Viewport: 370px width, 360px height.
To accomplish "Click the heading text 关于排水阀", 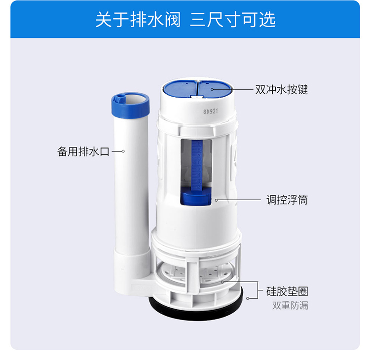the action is pyautogui.click(x=138, y=19).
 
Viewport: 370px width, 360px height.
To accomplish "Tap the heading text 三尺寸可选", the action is pyautogui.click(x=233, y=19).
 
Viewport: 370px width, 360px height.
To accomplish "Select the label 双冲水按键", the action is pyautogui.click(x=282, y=90).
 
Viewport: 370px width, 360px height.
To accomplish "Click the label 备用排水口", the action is pyautogui.click(x=83, y=151).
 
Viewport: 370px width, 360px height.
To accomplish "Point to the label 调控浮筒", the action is pyautogui.click(x=287, y=200).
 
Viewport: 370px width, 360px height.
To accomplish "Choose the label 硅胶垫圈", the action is pyautogui.click(x=287, y=291).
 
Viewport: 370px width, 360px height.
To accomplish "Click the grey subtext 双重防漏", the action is pyautogui.click(x=290, y=305).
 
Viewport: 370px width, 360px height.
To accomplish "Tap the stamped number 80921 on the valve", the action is pyautogui.click(x=211, y=111).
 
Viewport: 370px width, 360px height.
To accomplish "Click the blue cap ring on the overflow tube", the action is pyautogui.click(x=131, y=104).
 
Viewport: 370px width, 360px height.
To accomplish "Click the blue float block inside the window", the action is pyautogui.click(x=196, y=196).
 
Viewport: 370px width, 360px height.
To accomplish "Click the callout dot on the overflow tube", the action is pyautogui.click(x=123, y=151).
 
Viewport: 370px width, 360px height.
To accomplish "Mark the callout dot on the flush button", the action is pyautogui.click(x=212, y=89).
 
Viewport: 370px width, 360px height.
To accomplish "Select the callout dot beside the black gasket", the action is pyautogui.click(x=248, y=298).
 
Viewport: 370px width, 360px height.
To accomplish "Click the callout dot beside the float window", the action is pyautogui.click(x=216, y=200).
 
